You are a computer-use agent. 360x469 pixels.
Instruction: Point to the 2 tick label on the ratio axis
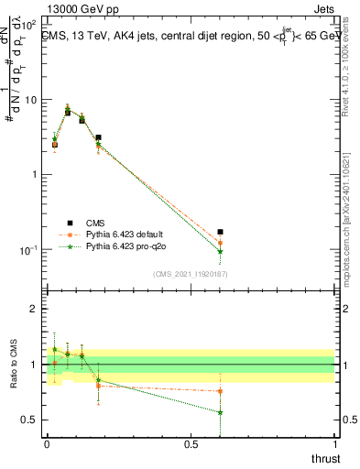coord(33,309)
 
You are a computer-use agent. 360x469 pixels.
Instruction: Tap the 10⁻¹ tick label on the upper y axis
coord(27,250)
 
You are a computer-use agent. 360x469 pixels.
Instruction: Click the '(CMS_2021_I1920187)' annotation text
coord(190,274)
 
